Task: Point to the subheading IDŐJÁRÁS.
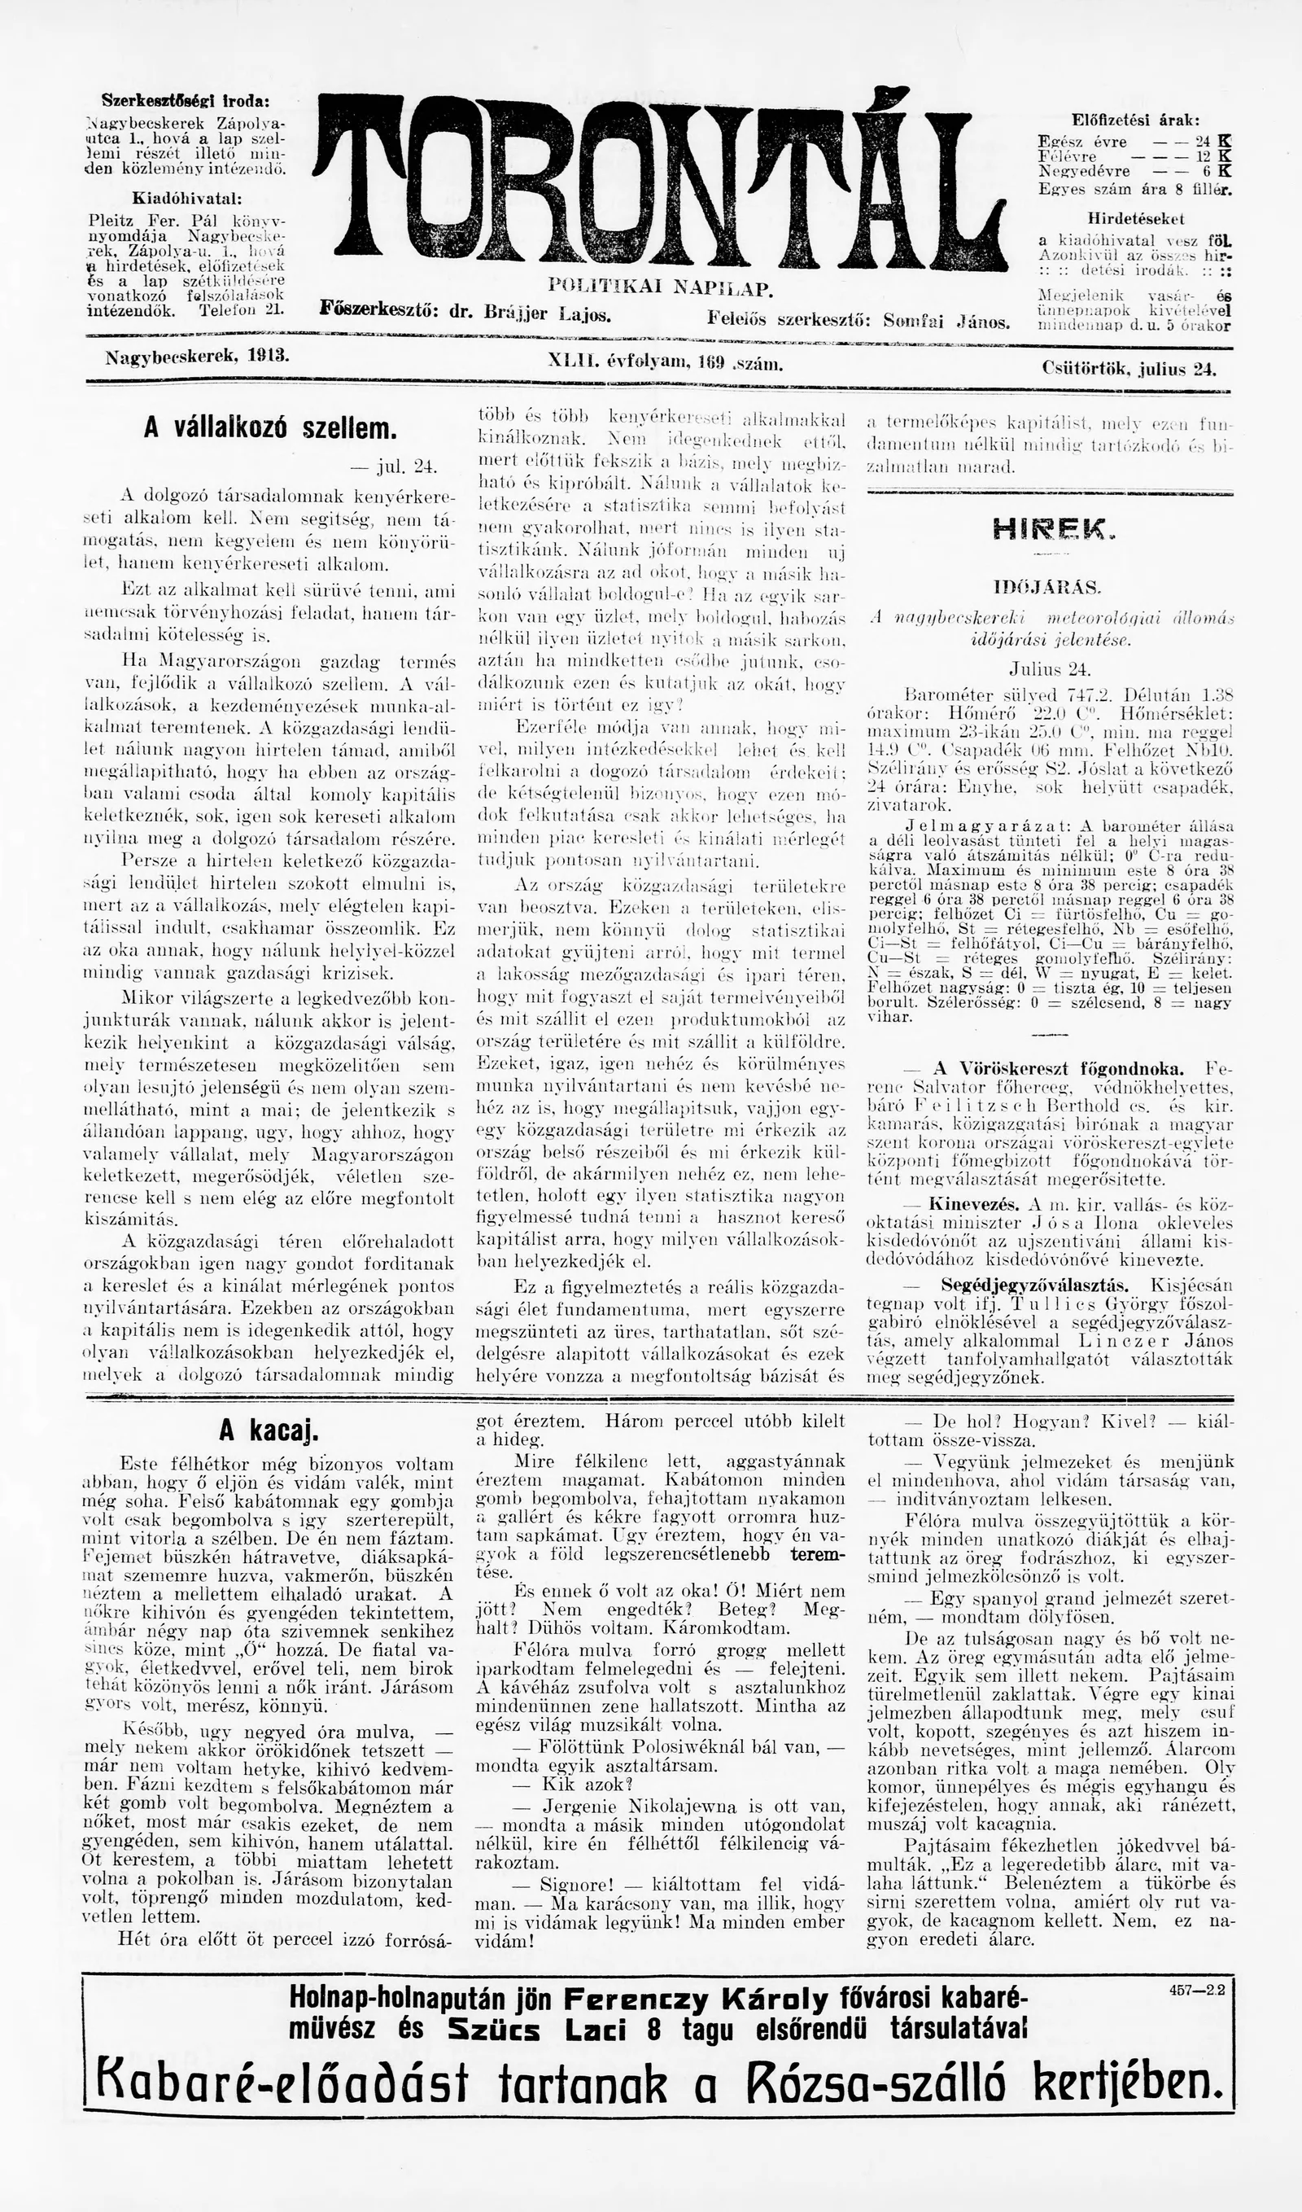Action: click(1048, 586)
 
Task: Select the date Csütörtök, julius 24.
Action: click(1129, 369)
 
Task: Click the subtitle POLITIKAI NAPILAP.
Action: click(659, 287)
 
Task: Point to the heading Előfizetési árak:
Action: click(1135, 120)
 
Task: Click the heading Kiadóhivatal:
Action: click(187, 198)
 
